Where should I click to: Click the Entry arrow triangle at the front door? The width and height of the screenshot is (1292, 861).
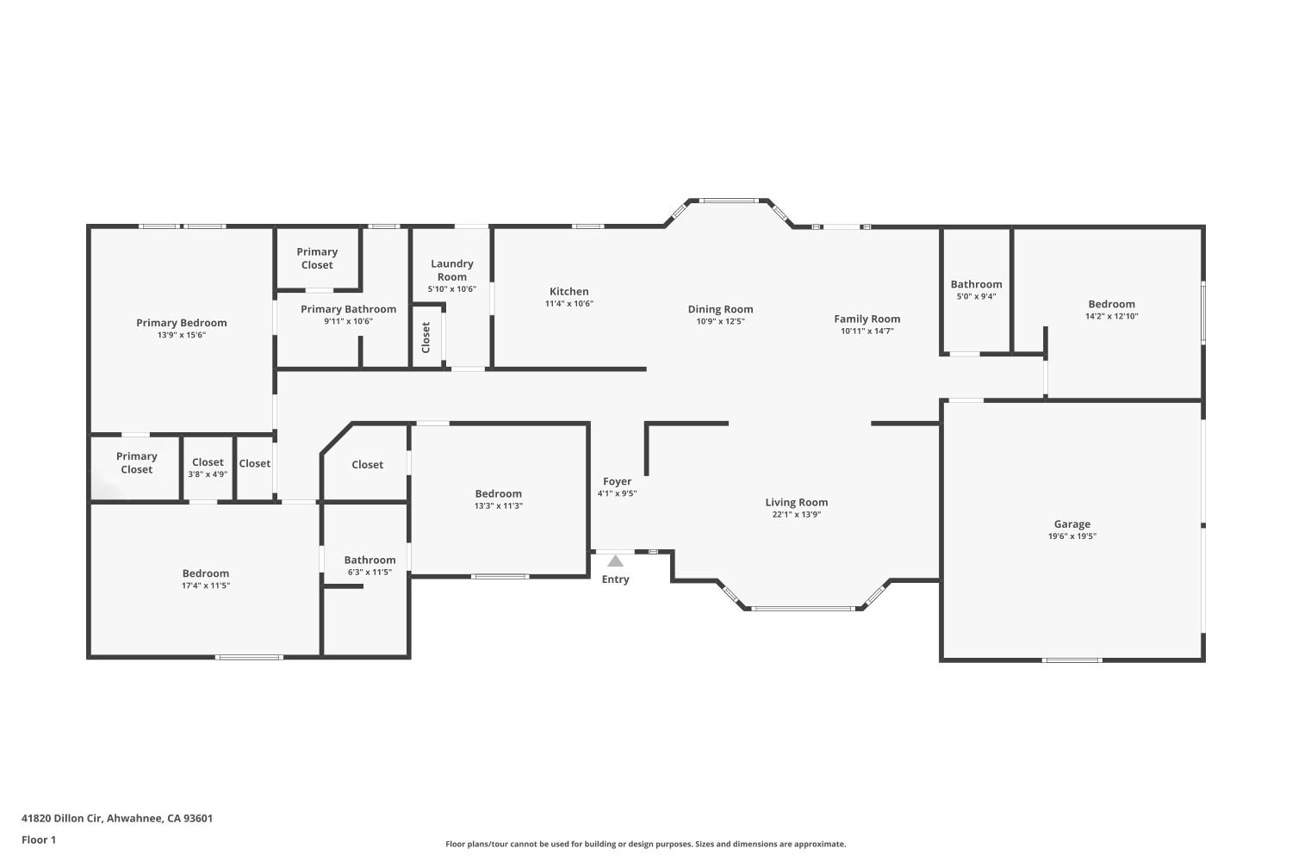(x=615, y=561)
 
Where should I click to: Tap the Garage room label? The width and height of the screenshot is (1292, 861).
(x=1071, y=523)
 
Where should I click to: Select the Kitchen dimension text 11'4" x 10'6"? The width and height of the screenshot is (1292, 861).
(x=568, y=304)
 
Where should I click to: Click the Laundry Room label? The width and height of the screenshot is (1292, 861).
(x=451, y=270)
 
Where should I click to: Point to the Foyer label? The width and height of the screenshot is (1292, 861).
(x=617, y=481)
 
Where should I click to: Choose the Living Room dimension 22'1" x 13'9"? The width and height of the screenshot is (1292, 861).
(x=796, y=515)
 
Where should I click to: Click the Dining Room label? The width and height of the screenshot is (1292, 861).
(x=720, y=309)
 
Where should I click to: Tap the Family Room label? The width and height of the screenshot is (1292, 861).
(x=867, y=319)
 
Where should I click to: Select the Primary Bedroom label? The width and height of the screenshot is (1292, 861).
(x=181, y=323)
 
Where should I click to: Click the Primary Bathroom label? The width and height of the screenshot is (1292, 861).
(x=348, y=309)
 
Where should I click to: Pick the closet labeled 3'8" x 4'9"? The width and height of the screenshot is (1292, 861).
(x=208, y=474)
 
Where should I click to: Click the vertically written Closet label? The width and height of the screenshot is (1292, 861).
(x=425, y=338)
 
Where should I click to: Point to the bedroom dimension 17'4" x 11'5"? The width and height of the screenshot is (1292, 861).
(x=205, y=585)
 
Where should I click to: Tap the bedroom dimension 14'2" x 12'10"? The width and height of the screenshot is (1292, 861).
(x=1111, y=316)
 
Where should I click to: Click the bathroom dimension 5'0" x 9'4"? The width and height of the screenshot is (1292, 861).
(x=976, y=296)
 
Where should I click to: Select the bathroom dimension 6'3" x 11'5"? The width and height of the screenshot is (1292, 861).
(x=370, y=572)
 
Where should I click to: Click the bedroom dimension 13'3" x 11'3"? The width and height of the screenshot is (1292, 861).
(x=498, y=506)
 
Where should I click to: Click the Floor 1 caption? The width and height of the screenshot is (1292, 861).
(x=39, y=839)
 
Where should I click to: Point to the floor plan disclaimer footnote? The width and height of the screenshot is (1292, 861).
(x=645, y=844)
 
